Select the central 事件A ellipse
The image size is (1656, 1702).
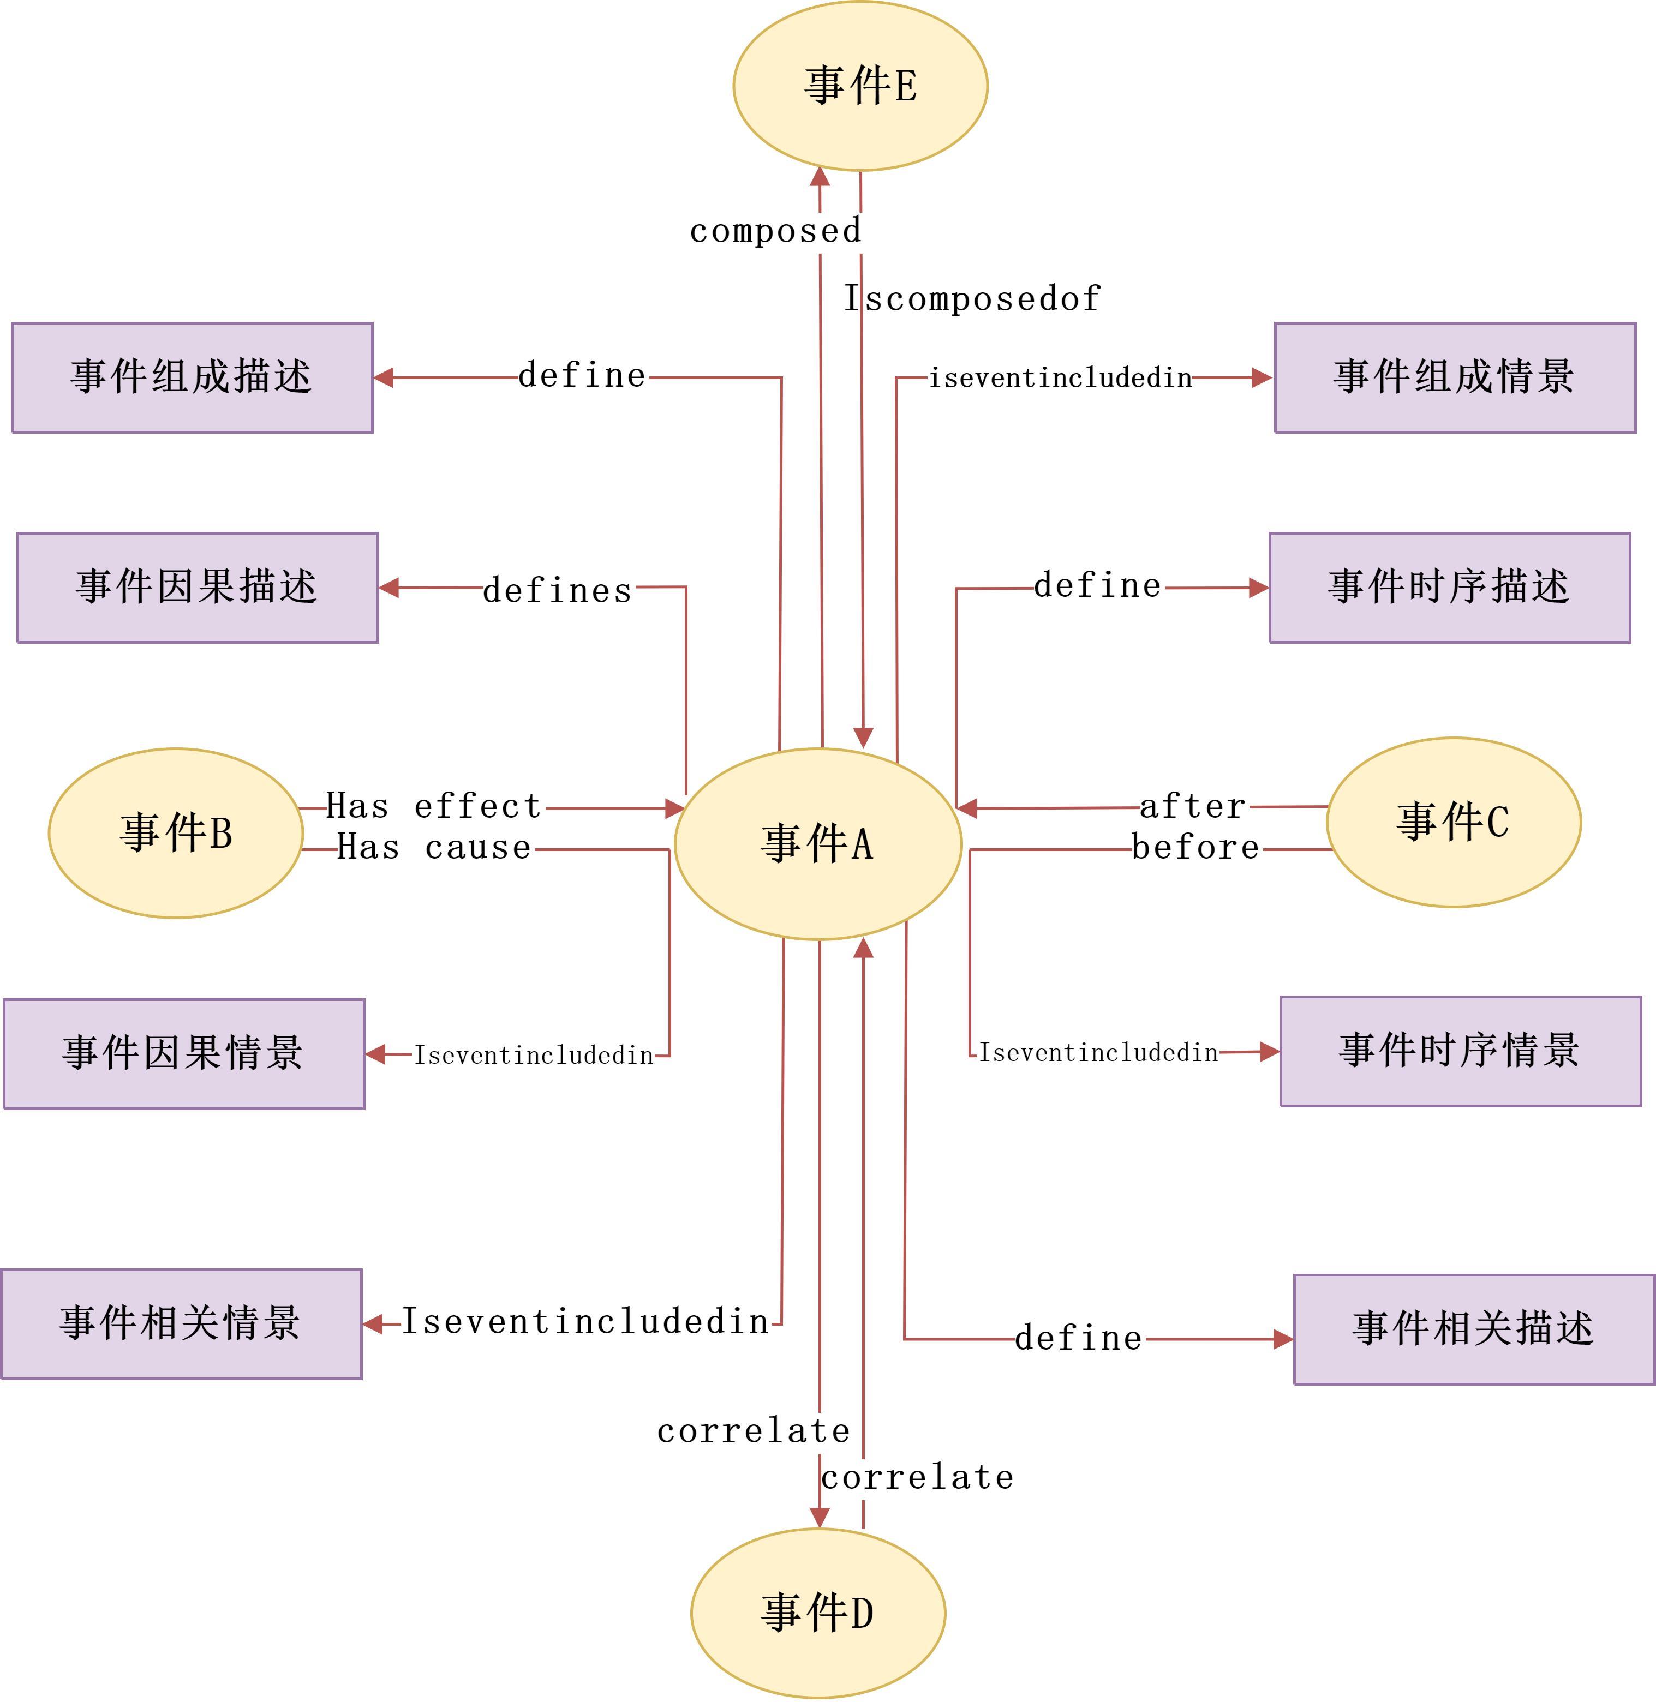click(x=817, y=843)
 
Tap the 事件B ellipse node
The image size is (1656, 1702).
click(x=176, y=833)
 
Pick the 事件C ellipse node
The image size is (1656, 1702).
click(x=1454, y=823)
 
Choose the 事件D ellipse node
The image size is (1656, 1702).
click(x=817, y=1613)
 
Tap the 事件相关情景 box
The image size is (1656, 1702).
click(x=181, y=1323)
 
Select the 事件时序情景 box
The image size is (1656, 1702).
click(x=1460, y=1051)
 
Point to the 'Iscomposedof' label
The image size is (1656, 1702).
click(x=972, y=299)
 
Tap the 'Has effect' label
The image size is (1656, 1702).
click(x=434, y=806)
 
